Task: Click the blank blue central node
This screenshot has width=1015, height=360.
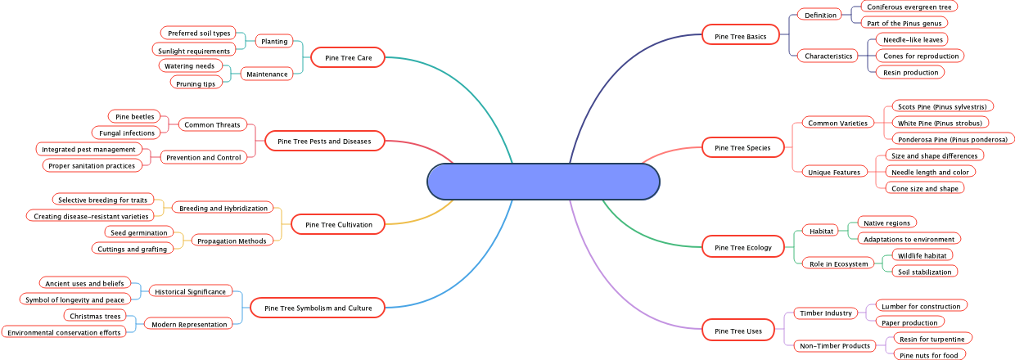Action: point(544,181)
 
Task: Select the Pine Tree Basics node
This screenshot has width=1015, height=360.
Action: point(740,36)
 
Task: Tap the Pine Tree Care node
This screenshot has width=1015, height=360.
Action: point(348,57)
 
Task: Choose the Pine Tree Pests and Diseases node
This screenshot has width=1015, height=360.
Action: point(324,142)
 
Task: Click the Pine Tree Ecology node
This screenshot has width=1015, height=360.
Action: point(742,247)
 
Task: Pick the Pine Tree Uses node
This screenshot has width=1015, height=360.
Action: point(738,331)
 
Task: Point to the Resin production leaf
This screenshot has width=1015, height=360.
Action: point(909,73)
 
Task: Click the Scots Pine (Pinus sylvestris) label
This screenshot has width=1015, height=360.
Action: point(941,106)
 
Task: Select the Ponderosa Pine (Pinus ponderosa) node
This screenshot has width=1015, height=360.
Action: point(952,139)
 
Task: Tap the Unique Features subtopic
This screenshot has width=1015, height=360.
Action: point(834,173)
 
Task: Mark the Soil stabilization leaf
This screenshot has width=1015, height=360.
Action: point(925,272)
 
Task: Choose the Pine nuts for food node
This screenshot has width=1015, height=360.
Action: point(928,355)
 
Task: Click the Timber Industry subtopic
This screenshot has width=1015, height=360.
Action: point(826,313)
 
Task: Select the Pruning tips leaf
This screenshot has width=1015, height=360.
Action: point(196,83)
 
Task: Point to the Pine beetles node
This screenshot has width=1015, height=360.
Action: point(134,117)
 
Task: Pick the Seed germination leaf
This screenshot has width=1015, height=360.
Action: point(138,233)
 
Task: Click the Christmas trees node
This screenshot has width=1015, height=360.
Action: point(95,316)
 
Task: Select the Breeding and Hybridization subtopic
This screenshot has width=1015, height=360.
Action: point(223,209)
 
